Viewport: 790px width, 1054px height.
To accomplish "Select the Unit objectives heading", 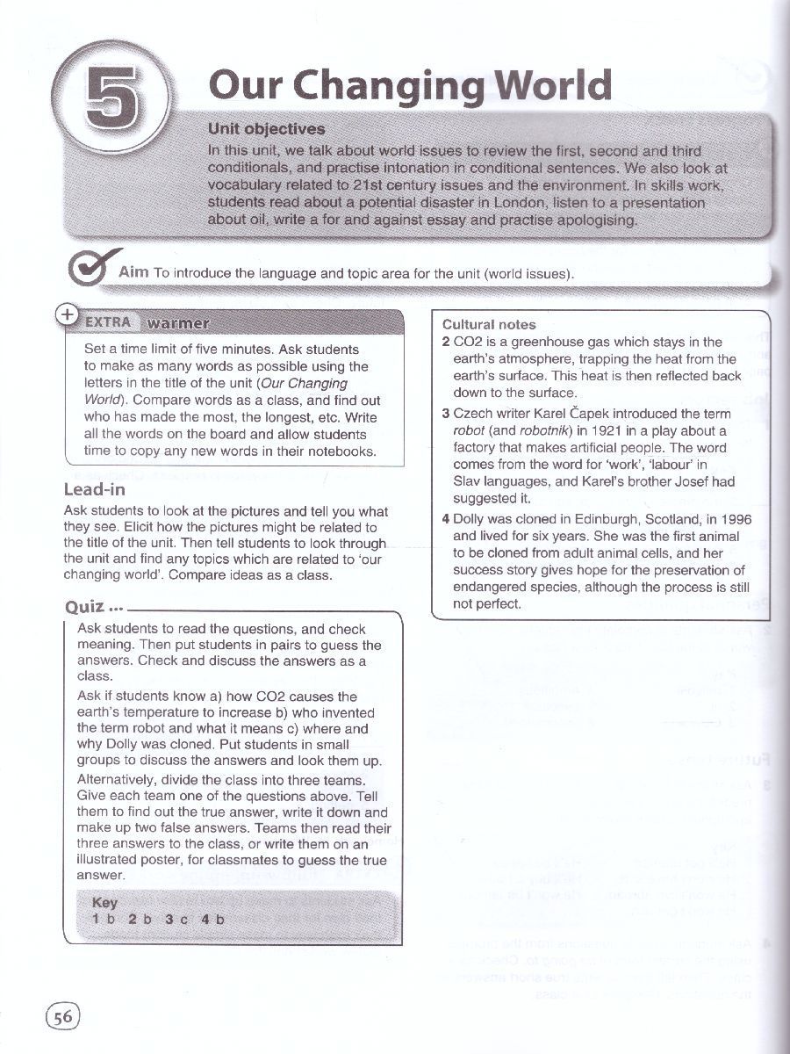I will (x=266, y=130).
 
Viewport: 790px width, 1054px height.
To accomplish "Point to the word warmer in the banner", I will (x=178, y=322).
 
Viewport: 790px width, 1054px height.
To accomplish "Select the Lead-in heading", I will (x=95, y=489).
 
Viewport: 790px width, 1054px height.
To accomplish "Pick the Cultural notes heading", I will (x=489, y=324).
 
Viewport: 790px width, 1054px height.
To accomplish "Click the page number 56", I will (x=62, y=1017).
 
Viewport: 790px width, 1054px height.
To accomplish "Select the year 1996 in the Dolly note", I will (x=736, y=519).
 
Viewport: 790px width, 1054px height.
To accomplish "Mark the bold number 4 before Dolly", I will (x=446, y=519).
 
